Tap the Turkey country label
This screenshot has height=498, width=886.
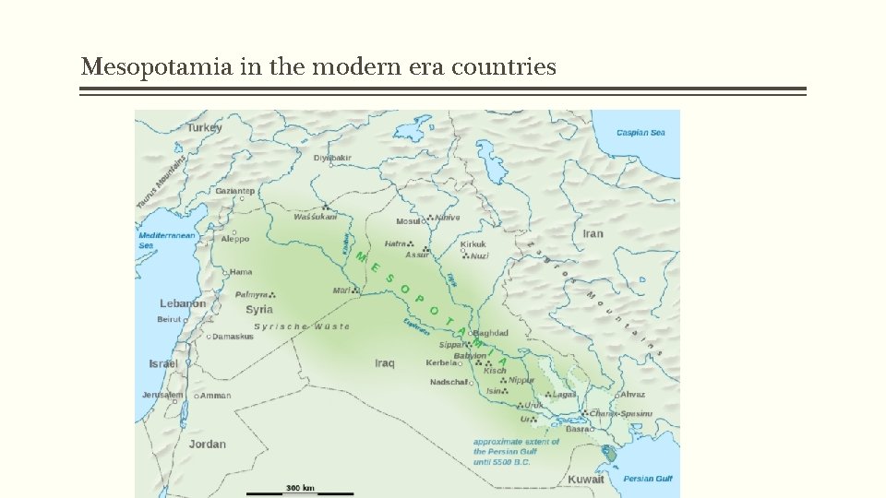tap(205, 127)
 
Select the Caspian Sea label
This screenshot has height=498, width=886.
tap(641, 133)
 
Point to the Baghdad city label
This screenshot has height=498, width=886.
tap(490, 333)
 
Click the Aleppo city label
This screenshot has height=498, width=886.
tap(235, 239)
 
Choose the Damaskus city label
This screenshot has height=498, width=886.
tap(233, 337)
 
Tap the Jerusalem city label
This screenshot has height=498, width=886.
tap(162, 395)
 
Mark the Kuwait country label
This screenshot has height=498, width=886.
tap(585, 479)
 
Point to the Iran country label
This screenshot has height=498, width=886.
tap(593, 233)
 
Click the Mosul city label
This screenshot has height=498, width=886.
tap(408, 221)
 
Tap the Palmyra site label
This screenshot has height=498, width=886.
tap(252, 294)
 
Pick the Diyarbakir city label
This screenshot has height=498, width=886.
tap(332, 158)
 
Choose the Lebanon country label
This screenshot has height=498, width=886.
tap(183, 303)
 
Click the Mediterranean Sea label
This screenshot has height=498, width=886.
tap(166, 240)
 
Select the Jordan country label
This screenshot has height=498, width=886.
tap(208, 444)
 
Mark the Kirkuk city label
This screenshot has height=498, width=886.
tap(473, 244)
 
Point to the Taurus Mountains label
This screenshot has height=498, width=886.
tap(162, 182)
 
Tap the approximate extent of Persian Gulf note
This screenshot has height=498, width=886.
tap(516, 452)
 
